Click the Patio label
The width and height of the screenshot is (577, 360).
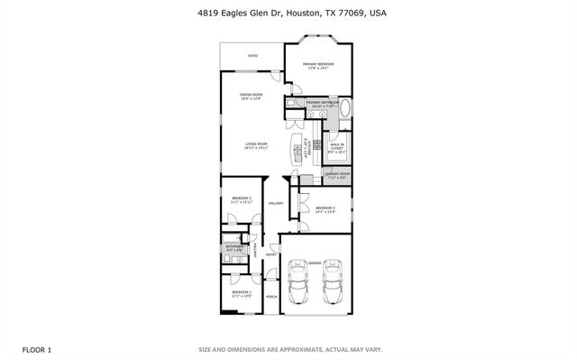click(x=252, y=56)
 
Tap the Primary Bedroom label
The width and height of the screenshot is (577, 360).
click(x=318, y=65)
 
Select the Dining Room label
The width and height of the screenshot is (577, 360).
click(x=252, y=96)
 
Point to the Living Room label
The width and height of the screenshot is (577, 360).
click(x=257, y=146)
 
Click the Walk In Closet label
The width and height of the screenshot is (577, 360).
click(x=335, y=148)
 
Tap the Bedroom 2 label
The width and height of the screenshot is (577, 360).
click(x=241, y=199)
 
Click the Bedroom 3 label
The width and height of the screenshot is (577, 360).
click(x=325, y=210)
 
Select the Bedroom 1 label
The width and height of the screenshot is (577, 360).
click(x=241, y=294)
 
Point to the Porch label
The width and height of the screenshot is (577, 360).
click(x=270, y=294)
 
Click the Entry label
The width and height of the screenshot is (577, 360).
click(x=270, y=255)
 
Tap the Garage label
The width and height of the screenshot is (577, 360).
click(x=314, y=263)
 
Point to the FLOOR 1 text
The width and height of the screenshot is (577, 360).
click(x=36, y=348)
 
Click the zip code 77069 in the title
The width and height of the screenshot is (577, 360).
click(x=344, y=14)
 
